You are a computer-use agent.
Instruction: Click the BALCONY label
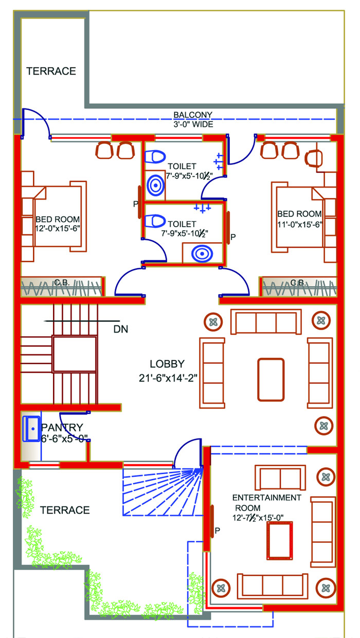(193, 115)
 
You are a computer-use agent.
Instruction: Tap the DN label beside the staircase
(120, 329)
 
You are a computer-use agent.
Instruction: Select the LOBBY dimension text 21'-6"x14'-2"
(168, 378)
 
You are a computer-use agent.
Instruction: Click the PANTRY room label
(62, 427)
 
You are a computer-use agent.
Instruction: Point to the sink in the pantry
(31, 429)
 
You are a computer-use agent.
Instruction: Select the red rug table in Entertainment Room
(280, 540)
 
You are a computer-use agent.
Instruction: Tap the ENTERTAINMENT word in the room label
(266, 497)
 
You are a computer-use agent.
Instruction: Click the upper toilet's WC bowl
(155, 157)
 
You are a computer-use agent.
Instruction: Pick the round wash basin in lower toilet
(202, 253)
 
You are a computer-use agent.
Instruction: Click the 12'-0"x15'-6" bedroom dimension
(58, 228)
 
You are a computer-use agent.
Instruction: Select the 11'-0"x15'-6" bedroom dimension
(300, 225)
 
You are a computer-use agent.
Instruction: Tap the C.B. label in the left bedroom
(62, 282)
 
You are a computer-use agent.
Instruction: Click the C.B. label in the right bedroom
(298, 282)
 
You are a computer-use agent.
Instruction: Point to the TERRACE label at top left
(51, 71)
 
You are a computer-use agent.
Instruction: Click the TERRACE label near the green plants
(65, 510)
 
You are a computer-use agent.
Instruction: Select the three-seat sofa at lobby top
(266, 321)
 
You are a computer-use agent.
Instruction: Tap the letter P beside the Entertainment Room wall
(217, 531)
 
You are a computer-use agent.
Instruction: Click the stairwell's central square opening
(75, 354)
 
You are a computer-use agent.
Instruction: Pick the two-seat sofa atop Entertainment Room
(280, 478)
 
